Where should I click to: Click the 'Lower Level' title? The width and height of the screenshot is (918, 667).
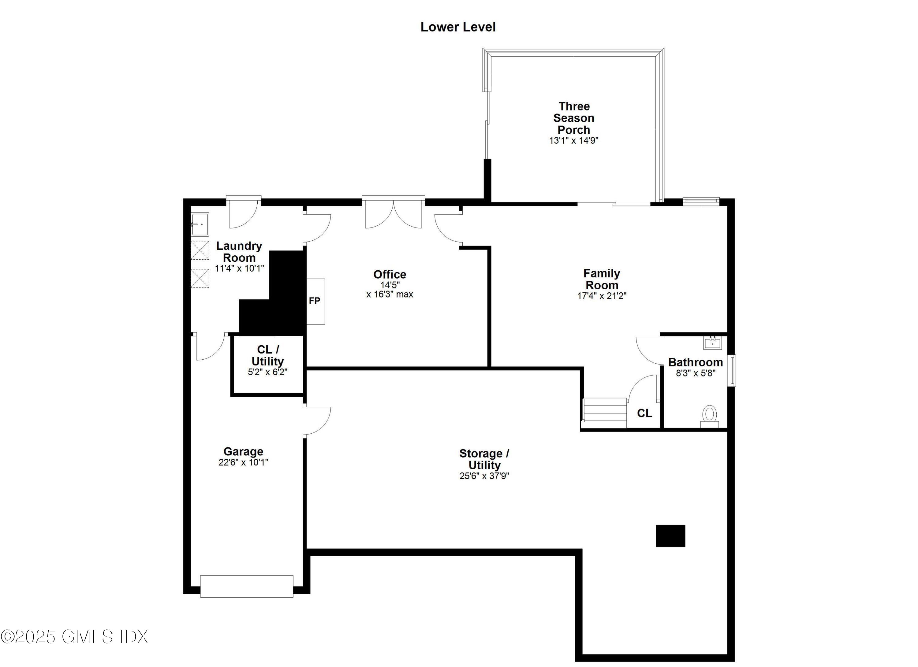(458, 27)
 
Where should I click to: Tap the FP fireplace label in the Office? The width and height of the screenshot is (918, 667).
(315, 301)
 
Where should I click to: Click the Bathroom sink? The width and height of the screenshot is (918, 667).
(712, 343)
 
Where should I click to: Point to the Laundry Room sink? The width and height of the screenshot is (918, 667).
(200, 224)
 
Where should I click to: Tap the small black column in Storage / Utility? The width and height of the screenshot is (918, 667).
(670, 536)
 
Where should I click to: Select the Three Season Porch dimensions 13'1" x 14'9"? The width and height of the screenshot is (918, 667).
(573, 141)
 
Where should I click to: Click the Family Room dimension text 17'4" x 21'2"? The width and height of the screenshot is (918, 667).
(602, 296)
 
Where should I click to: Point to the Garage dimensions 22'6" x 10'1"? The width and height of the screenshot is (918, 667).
(243, 462)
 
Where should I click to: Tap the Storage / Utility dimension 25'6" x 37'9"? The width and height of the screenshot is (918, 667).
(484, 476)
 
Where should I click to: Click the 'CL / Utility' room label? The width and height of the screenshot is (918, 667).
(267, 355)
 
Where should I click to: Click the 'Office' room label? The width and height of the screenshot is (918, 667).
(389, 275)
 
